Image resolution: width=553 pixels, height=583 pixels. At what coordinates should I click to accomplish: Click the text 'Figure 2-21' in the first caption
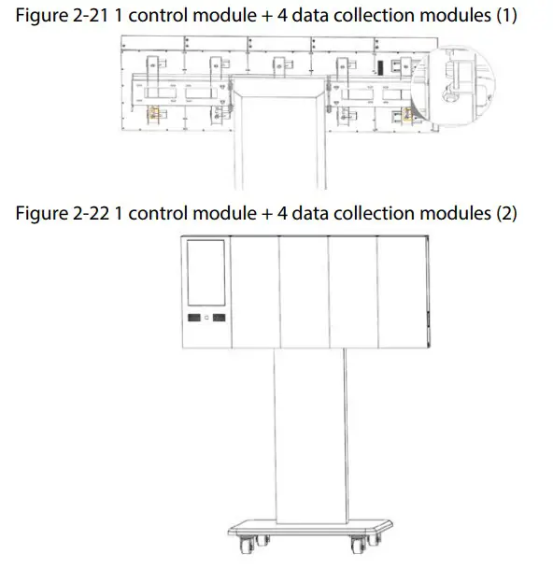pos(57,17)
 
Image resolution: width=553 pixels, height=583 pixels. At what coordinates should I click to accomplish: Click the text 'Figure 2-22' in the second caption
pos(57,214)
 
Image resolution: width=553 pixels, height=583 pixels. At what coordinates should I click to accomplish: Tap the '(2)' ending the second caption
pos(504,214)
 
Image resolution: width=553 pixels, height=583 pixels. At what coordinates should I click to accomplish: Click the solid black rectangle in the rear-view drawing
pos(381,67)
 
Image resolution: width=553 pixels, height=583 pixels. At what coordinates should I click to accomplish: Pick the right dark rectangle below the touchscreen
pos(219,319)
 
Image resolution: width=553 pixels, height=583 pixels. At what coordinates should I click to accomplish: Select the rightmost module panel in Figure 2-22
pos(403,291)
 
